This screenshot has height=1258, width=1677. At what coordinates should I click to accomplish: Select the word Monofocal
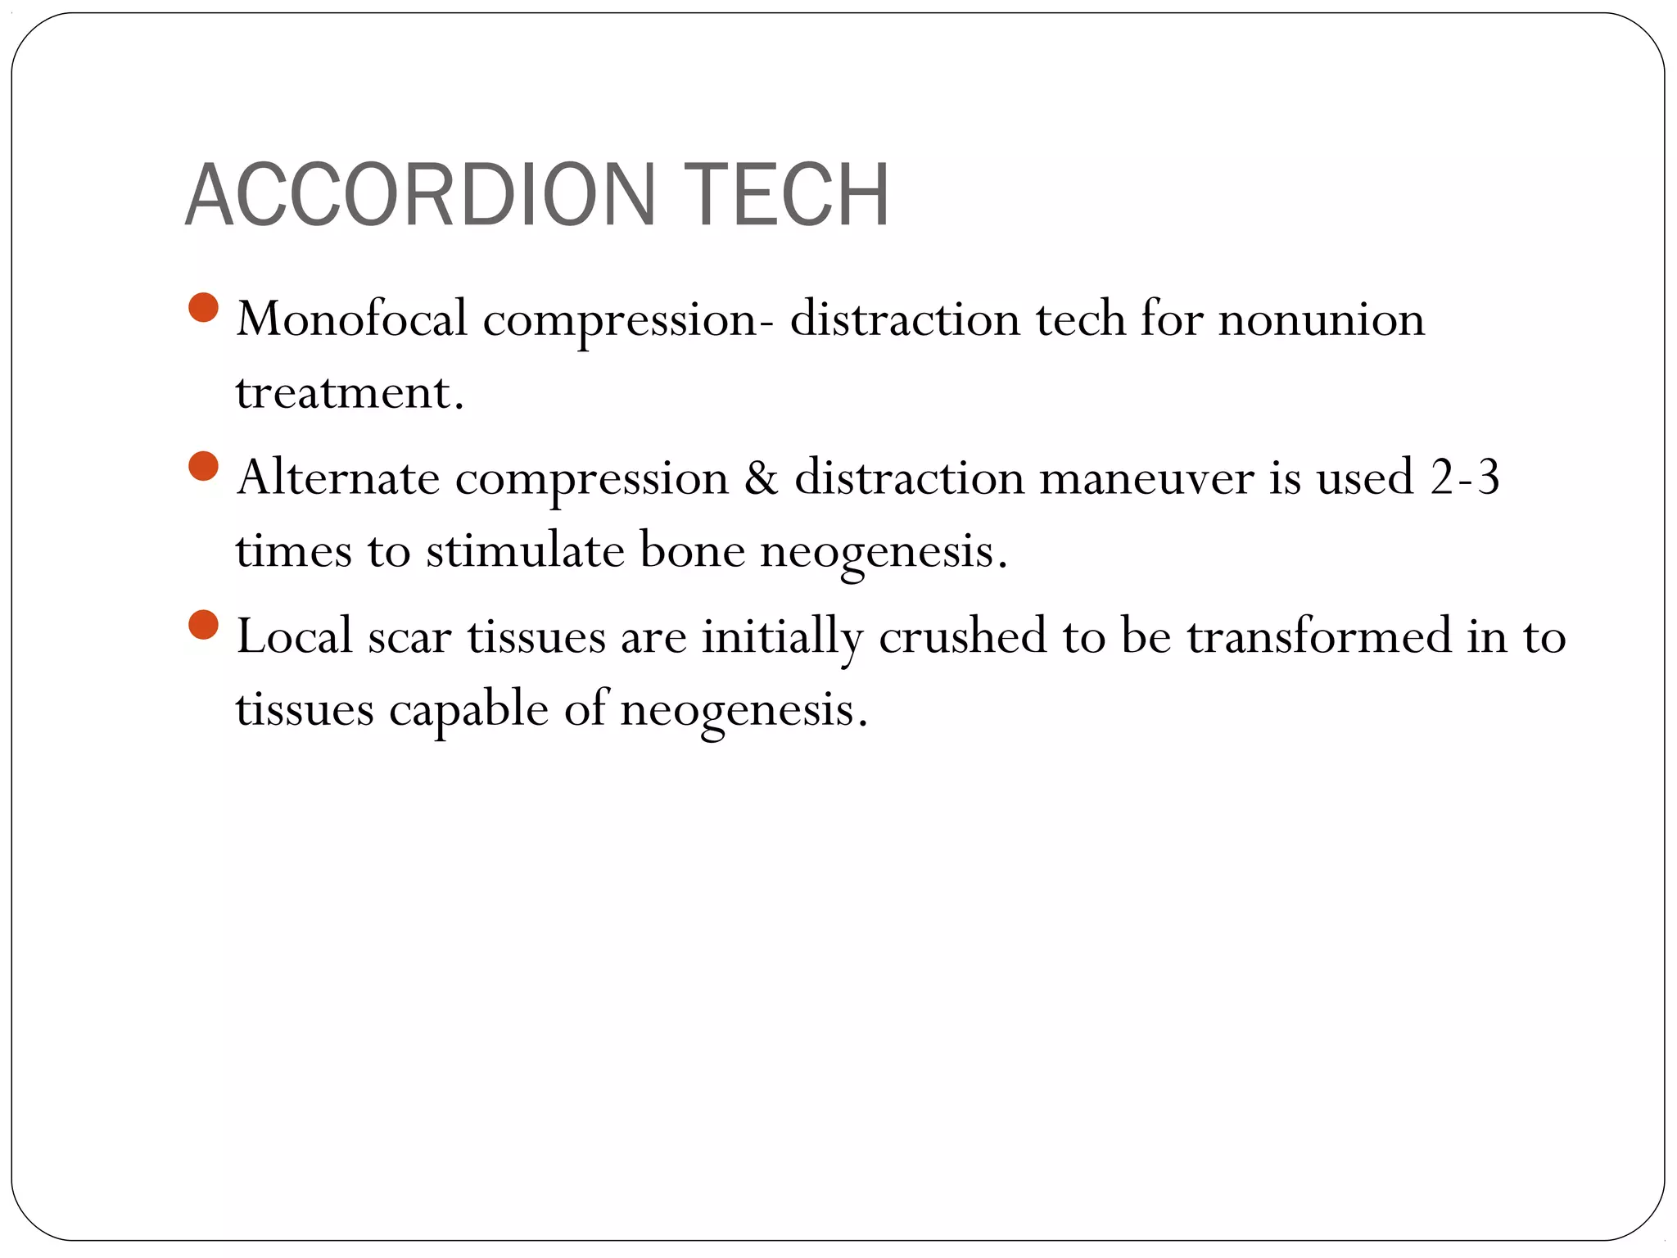point(351,319)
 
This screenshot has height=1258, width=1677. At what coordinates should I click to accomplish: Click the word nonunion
point(1321,319)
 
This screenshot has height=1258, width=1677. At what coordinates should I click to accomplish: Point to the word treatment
point(349,392)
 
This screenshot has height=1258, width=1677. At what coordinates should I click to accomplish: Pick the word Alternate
point(337,477)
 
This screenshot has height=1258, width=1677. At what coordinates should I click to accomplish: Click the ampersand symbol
point(761,477)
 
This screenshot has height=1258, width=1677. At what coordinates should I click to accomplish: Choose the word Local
point(294,636)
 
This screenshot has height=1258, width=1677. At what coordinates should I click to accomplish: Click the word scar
point(409,637)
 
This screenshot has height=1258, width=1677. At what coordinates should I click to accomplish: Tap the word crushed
point(962,636)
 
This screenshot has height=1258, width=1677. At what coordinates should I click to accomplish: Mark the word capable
point(468,709)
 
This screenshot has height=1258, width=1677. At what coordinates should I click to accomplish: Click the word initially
point(782,636)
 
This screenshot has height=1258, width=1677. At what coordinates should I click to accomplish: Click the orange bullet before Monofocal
point(203,308)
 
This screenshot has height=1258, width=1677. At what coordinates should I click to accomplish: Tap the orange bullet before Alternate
point(203,467)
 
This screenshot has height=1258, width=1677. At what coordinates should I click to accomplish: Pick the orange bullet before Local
point(203,625)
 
